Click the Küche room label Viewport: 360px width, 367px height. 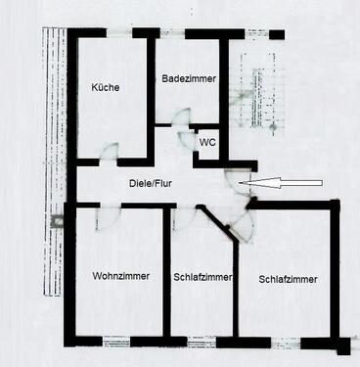pos(106,87)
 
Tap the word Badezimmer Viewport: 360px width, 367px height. pos(189,78)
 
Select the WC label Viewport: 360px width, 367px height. pos(207,142)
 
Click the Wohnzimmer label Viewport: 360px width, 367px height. pos(121,276)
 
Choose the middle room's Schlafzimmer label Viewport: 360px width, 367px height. pos(202,277)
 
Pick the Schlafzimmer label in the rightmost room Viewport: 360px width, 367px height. pos(289,279)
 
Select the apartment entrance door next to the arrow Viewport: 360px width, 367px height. pos(235,181)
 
